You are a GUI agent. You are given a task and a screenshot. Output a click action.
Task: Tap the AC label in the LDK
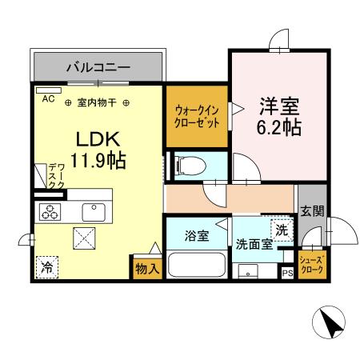pos(47,98)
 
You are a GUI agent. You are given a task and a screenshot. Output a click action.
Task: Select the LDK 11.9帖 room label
pos(97,148)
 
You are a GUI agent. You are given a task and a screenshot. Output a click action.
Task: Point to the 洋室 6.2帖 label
pos(278,116)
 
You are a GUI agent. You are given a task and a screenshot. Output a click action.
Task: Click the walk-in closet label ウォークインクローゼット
pos(195,118)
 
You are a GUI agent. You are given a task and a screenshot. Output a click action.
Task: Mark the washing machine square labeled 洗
pos(282,230)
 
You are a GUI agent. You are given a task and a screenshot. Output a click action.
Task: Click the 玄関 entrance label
pos(312,212)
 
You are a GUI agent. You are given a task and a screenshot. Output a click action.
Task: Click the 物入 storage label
pos(146,269)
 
